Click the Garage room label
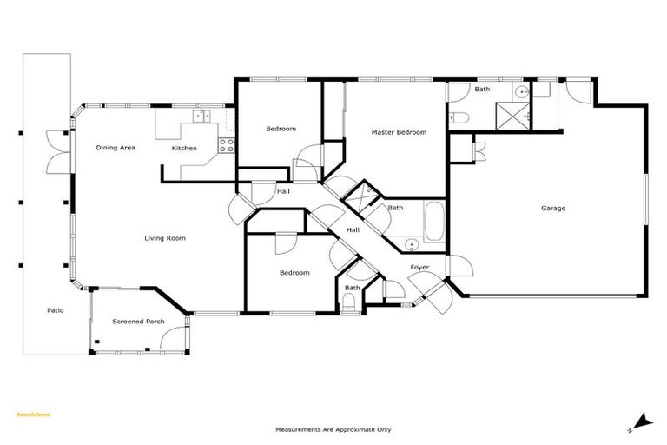553,208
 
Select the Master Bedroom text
399,132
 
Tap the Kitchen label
184,149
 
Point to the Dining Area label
116,148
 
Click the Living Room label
165,238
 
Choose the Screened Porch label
138,322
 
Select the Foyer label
419,267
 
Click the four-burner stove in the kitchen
226,145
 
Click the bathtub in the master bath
434,222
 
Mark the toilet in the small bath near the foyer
349,302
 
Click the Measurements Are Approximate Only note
333,429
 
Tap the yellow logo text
34,415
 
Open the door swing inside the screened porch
178,334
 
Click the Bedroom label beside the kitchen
281,129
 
